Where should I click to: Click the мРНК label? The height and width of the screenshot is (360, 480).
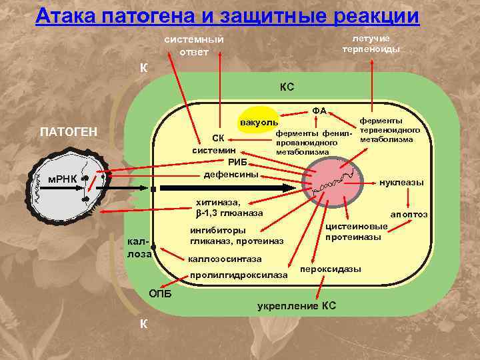58,178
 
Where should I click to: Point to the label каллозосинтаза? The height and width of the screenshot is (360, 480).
225,258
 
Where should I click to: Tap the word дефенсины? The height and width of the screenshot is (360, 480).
231,174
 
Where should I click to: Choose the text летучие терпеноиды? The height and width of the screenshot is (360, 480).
371,43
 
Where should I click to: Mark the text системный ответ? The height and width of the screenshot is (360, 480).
194,45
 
